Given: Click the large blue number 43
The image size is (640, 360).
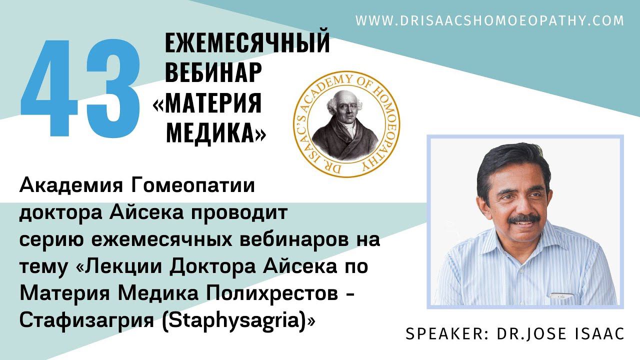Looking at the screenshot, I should click(x=80, y=88).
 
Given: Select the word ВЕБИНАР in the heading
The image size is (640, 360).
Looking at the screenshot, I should click(x=213, y=73).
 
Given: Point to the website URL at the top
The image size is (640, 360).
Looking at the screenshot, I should click(x=490, y=20).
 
